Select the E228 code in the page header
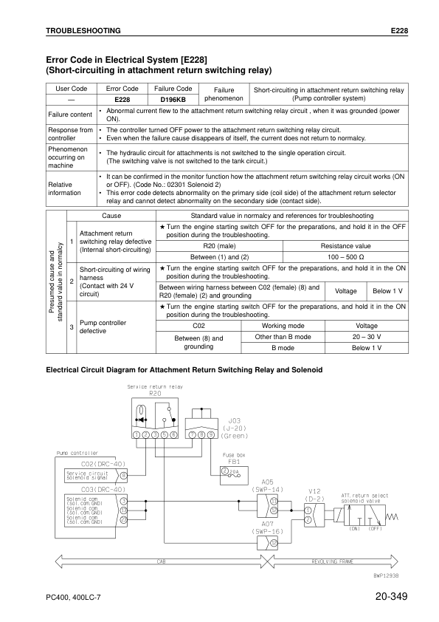[399, 30]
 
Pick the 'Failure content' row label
[70, 115]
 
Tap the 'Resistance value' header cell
[346, 246]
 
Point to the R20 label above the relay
[154, 393]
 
